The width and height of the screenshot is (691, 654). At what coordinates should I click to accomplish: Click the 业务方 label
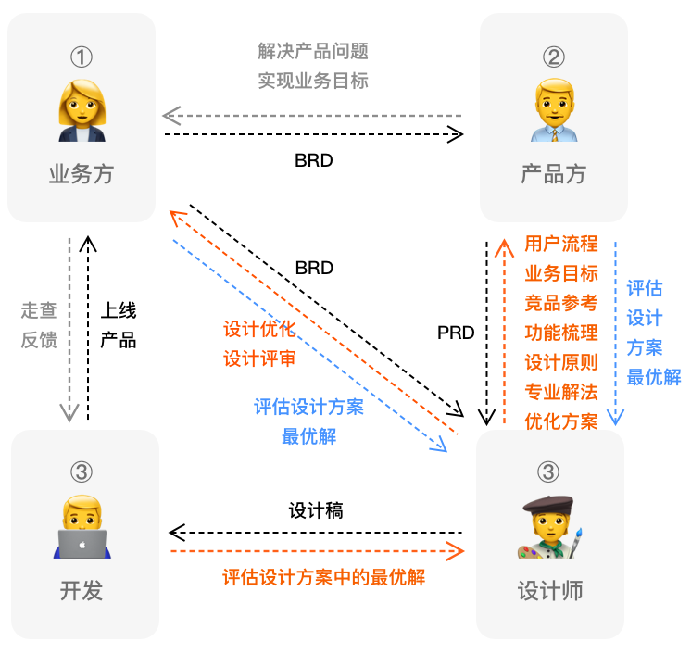pyautogui.click(x=82, y=173)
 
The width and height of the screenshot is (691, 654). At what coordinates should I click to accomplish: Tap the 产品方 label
pyautogui.click(x=553, y=173)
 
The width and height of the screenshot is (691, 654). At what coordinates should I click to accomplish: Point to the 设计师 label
pyautogui.click(x=550, y=590)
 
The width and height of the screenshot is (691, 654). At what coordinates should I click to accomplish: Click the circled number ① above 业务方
pyautogui.click(x=82, y=57)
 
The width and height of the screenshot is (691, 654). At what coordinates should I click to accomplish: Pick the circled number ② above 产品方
pyautogui.click(x=553, y=57)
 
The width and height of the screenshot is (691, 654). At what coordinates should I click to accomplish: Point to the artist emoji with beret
pyautogui.click(x=550, y=529)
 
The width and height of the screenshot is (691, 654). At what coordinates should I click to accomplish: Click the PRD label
pyautogui.click(x=456, y=333)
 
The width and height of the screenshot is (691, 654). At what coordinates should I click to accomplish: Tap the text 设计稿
pyautogui.click(x=316, y=510)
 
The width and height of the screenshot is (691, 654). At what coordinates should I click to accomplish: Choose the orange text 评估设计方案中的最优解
pyautogui.click(x=323, y=577)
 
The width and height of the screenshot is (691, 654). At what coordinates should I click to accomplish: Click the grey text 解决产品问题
pyautogui.click(x=313, y=51)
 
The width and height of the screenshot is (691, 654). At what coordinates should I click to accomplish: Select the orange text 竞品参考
pyautogui.click(x=561, y=303)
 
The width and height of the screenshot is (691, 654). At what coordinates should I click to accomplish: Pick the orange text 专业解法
pyautogui.click(x=561, y=392)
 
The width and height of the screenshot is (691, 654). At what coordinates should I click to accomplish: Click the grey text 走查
pyautogui.click(x=39, y=310)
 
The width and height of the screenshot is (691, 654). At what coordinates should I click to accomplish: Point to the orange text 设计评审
pyautogui.click(x=259, y=358)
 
